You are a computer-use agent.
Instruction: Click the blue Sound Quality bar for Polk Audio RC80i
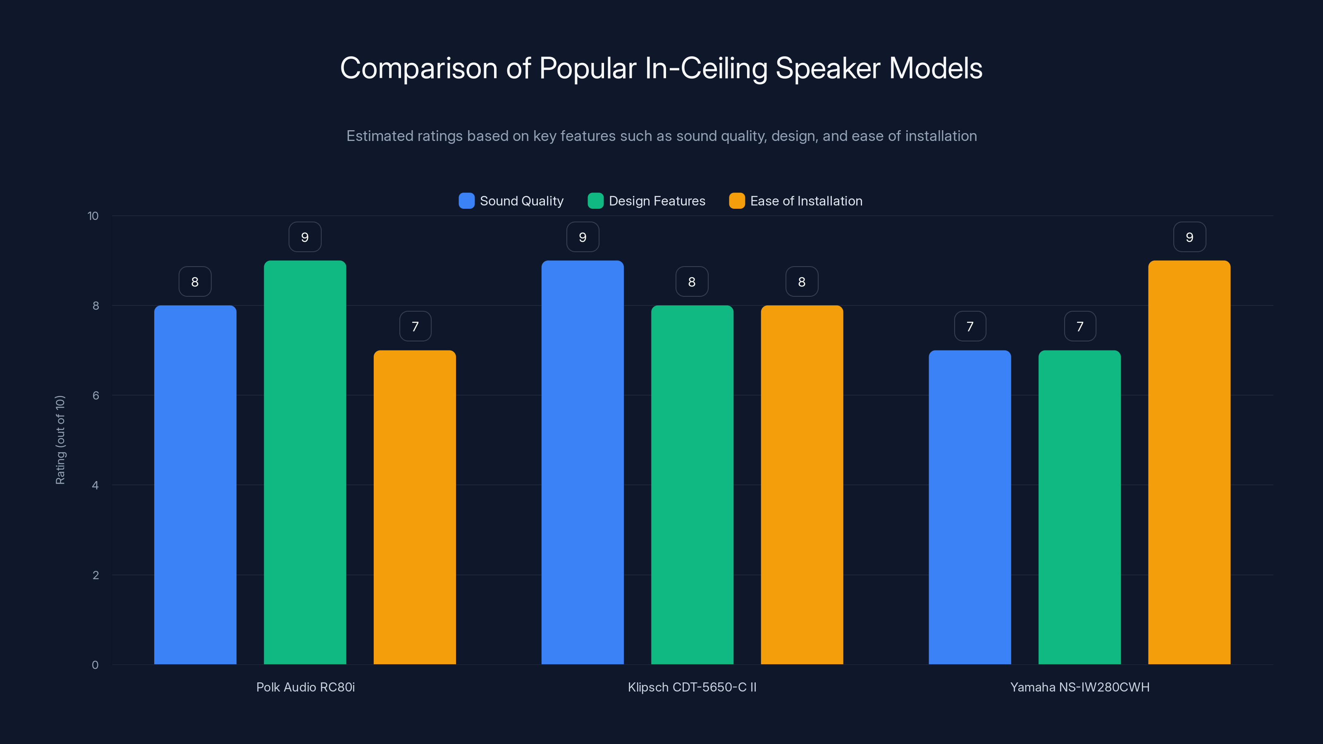[195, 485]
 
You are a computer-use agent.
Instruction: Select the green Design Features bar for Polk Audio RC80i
[305, 462]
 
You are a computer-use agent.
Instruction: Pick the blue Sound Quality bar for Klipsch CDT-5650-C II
[583, 462]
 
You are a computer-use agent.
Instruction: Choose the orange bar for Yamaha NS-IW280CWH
[1189, 462]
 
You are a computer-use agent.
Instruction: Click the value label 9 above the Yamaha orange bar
[1189, 237]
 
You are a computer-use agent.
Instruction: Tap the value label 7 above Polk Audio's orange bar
[415, 327]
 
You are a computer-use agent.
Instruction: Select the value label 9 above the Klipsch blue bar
[583, 237]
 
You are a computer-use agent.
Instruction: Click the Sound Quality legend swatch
[466, 201]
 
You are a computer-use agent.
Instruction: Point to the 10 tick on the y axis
[93, 216]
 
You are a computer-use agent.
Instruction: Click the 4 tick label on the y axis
[95, 485]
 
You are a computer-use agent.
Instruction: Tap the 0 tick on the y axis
[95, 665]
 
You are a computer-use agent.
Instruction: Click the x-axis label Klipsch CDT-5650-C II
[692, 687]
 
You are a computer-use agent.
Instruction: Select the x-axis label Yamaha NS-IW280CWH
[1079, 687]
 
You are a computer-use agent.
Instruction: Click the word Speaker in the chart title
[827, 68]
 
